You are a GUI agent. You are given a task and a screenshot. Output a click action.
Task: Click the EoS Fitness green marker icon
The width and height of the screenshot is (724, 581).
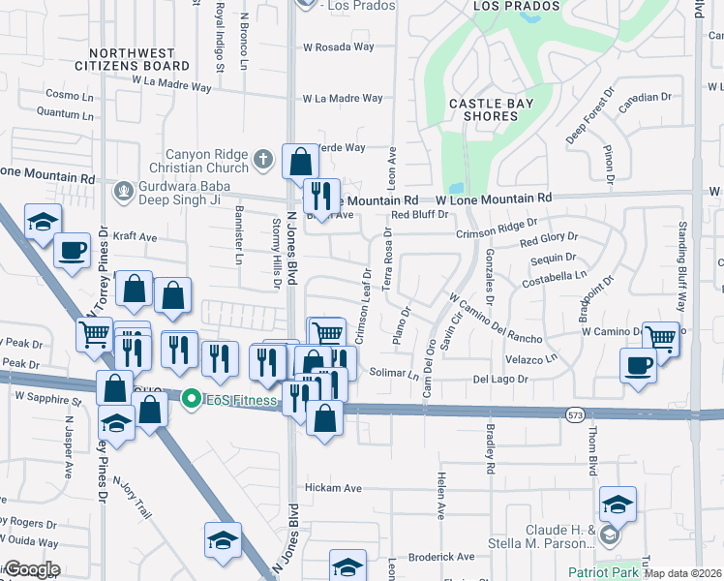point(192,398)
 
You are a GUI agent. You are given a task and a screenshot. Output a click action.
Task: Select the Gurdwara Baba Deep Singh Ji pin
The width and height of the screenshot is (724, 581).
point(123,190)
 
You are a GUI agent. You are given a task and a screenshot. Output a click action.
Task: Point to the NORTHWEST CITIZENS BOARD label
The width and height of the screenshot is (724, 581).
point(138,60)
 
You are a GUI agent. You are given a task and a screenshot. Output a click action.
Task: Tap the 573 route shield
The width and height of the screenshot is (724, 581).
point(574,414)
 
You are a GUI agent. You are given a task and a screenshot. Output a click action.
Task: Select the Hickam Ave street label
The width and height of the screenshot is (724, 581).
point(333,488)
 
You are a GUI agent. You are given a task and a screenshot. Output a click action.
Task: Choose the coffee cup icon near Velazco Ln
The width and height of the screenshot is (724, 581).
point(638,366)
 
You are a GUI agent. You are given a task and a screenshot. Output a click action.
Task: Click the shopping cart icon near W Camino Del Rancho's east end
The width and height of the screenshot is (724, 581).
point(660,338)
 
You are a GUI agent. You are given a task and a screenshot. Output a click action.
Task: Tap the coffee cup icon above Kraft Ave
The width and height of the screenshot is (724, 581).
point(72,250)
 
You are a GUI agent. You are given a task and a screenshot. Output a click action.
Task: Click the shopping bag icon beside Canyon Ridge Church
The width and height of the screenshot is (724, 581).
point(300,161)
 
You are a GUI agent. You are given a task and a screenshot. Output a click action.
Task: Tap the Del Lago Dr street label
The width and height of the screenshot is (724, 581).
point(500,379)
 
